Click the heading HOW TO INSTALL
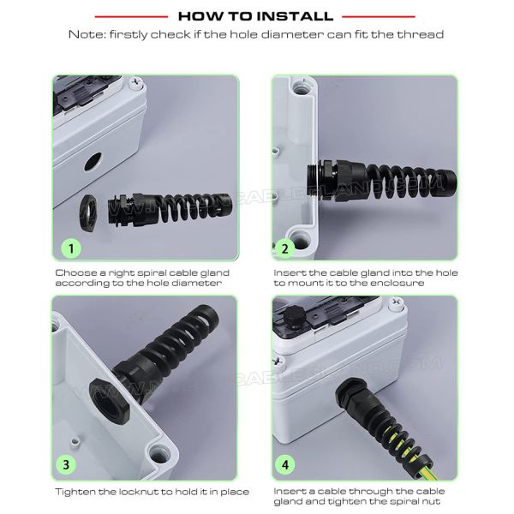[x=256, y=16]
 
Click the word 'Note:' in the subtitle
[x=84, y=35]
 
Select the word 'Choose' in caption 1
[x=76, y=272]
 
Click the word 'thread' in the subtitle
[x=425, y=35]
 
